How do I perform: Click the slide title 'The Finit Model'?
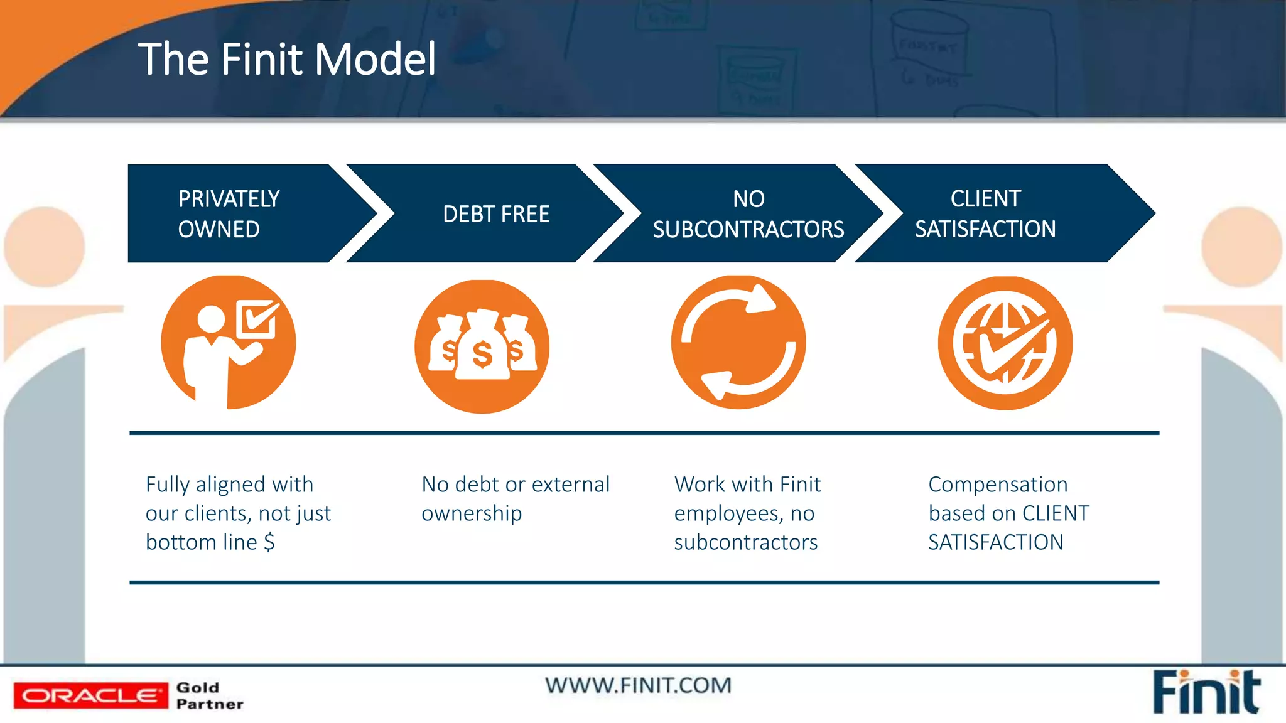coord(286,60)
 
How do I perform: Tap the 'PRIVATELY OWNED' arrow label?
coord(229,214)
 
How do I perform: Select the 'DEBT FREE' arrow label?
coord(496,215)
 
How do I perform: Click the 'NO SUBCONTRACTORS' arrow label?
coord(748,214)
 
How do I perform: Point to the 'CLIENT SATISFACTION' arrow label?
coord(985,214)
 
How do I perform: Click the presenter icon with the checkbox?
coord(228,343)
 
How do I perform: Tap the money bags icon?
coord(482,346)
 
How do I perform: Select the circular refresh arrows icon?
coord(738,343)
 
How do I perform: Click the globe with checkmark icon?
coord(1005,343)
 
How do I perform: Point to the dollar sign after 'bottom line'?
coord(269,542)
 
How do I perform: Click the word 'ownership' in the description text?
coord(472,514)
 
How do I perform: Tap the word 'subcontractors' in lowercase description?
coord(745,542)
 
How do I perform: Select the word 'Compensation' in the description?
coord(998,485)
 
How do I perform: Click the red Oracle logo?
coord(91,695)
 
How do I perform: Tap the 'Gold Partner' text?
coord(209,695)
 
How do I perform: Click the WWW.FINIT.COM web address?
coord(638,685)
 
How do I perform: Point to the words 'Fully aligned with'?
coord(229,485)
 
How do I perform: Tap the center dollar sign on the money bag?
coord(482,355)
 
